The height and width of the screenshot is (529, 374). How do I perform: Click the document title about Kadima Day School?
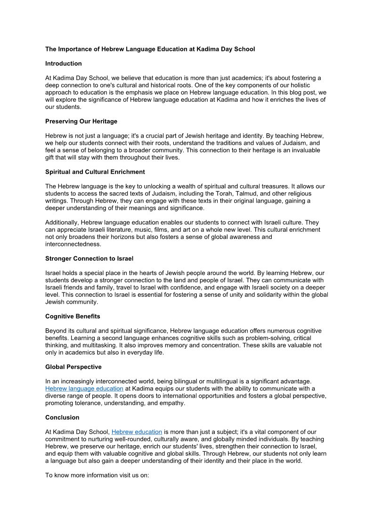point(150,49)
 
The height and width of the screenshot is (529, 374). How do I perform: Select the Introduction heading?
point(64,64)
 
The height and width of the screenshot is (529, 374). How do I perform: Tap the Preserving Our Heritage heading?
point(81,121)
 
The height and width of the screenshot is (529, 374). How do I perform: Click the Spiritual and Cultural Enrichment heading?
point(95,172)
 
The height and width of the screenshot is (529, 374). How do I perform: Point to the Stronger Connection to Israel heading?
point(89,259)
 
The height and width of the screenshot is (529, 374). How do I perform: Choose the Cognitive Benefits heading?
point(73,316)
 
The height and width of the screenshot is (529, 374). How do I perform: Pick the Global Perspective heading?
point(73,367)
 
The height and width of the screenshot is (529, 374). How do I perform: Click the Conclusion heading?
point(62,417)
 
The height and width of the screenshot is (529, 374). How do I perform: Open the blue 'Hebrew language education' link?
point(84,389)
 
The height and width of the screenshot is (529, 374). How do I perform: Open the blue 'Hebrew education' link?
point(137,432)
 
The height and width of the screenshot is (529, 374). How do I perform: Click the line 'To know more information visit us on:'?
point(97,475)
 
